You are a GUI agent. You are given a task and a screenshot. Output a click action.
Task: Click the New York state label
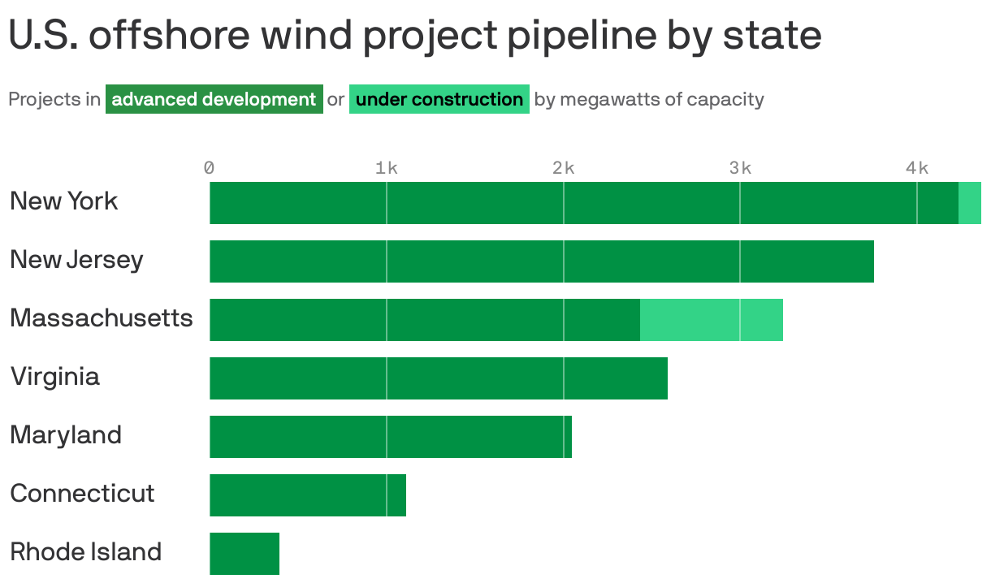pos(63,201)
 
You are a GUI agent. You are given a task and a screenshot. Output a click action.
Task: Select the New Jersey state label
pos(76,260)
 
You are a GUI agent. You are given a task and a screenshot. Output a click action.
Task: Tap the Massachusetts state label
pos(102,318)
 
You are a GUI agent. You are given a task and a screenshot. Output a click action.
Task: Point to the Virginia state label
pos(54,377)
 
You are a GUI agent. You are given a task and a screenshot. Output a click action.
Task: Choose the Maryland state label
pos(66,435)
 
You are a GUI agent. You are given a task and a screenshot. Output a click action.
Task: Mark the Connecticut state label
pos(82,494)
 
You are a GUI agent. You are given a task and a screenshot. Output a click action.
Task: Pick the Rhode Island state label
pos(85,552)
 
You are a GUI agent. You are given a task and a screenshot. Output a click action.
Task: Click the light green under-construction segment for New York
pos(970,203)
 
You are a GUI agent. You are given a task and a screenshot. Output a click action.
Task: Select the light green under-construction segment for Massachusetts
pos(711,320)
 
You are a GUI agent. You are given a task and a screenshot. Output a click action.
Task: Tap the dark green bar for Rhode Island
pos(245,554)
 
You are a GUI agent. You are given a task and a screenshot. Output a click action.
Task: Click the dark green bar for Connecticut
pos(308,495)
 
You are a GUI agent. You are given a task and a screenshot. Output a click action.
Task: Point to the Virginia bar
pos(439,378)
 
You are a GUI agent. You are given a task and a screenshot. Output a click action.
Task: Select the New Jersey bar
pos(542,261)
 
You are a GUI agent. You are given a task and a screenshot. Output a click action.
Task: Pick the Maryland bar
pos(391,437)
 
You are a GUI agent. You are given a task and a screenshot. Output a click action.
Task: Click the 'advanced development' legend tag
pos(214,100)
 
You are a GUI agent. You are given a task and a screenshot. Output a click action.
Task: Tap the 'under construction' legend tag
pos(439,100)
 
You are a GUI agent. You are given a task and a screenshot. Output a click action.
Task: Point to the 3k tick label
pos(740,168)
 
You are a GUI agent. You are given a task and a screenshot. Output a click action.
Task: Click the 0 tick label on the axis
pos(210,168)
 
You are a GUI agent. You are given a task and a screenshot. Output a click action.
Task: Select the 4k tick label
pos(917,168)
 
